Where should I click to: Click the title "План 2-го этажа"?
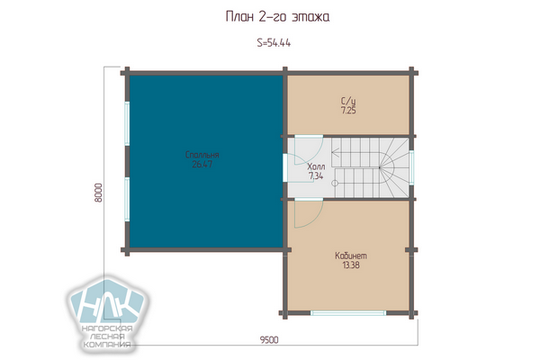[x=277, y=16]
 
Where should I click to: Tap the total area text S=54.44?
[x=274, y=42]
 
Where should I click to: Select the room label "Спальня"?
[x=202, y=155]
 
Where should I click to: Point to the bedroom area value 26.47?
[x=202, y=165]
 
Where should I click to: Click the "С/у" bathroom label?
[x=348, y=102]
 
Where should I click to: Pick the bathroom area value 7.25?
[x=348, y=111]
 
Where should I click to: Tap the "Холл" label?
[x=316, y=166]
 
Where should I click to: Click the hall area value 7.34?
[x=316, y=176]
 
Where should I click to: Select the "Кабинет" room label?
[x=351, y=256]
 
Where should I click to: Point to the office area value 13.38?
[x=351, y=265]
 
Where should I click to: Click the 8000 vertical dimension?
[x=98, y=193]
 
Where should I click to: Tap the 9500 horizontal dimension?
[x=269, y=340]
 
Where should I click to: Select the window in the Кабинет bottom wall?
[x=348, y=313]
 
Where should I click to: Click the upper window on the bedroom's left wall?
[x=127, y=123]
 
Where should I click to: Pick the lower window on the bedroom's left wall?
[x=127, y=199]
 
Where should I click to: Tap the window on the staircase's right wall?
[x=411, y=167]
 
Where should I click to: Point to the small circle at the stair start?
[x=335, y=184]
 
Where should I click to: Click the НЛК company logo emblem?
[x=108, y=302]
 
